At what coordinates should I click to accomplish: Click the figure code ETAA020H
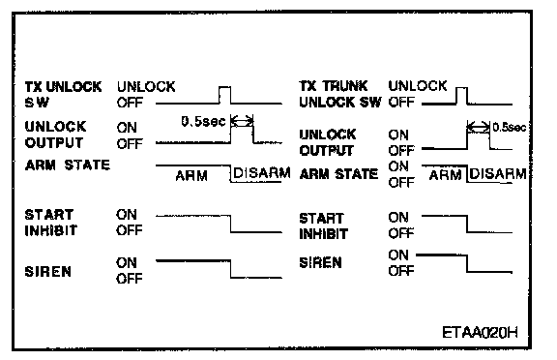coord(480,333)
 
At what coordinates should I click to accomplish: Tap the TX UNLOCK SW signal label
coord(63,94)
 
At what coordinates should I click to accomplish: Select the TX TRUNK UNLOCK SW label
coord(340,94)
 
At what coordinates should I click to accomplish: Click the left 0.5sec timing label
coord(203,122)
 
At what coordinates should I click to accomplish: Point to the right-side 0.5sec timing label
coord(510,127)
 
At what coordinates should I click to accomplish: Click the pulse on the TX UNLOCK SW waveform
coord(224,95)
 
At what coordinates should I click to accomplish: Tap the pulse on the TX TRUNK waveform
coord(461,96)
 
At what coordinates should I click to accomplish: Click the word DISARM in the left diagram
coord(262,173)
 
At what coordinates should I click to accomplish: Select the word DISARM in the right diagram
coord(498,174)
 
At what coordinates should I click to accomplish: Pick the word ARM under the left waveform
coord(191,176)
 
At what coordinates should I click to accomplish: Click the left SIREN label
coord(48,272)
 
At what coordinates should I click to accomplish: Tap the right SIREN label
coord(320,262)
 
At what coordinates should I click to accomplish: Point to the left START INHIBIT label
coord(50,223)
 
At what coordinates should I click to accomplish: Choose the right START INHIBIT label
coord(323,226)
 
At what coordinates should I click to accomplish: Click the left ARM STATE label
coord(68,165)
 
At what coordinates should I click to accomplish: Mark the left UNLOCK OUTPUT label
coord(55,135)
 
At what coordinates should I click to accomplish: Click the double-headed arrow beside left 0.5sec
coord(242,122)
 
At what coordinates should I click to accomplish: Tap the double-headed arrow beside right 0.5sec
coord(478,127)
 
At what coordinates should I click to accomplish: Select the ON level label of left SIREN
coord(126,262)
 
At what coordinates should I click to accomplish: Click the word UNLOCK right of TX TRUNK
coord(418,86)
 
